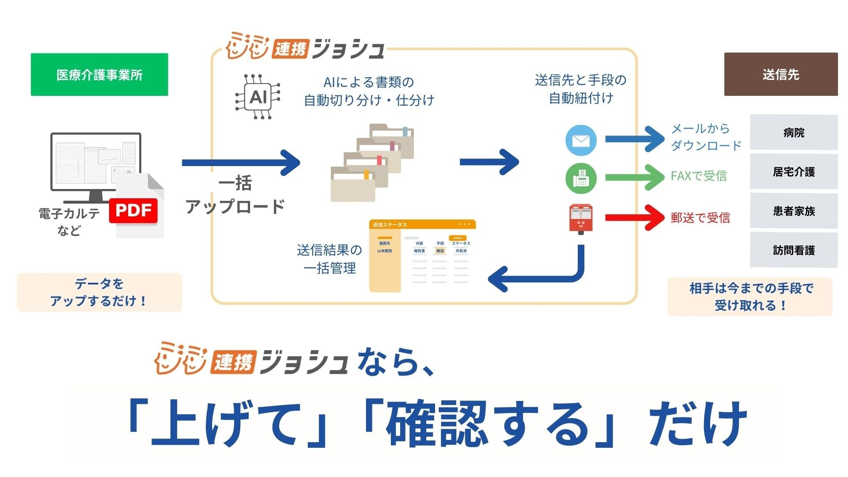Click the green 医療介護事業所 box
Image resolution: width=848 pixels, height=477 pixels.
pos(99,75)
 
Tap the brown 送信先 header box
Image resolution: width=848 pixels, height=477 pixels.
pos(780,74)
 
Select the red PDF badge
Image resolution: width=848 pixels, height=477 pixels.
pos(133,211)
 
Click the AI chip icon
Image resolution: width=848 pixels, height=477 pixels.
pos(258,97)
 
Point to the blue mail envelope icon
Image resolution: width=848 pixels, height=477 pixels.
pos(581,140)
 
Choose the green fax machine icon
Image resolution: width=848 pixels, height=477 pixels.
pos(581,178)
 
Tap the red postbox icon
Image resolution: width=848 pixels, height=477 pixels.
pos(581,218)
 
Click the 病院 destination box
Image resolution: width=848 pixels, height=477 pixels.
pos(793,132)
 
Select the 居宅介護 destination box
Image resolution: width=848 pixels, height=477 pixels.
pos(793,172)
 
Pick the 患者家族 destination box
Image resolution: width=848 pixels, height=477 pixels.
pos(793,211)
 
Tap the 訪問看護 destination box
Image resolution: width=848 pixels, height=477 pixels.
pos(793,250)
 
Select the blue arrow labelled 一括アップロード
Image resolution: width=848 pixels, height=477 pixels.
pos(241,163)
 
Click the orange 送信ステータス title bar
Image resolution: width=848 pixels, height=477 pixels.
pos(422,225)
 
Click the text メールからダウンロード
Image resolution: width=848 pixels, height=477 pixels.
pos(705,137)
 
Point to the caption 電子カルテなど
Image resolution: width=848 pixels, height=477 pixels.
pos(69,222)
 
